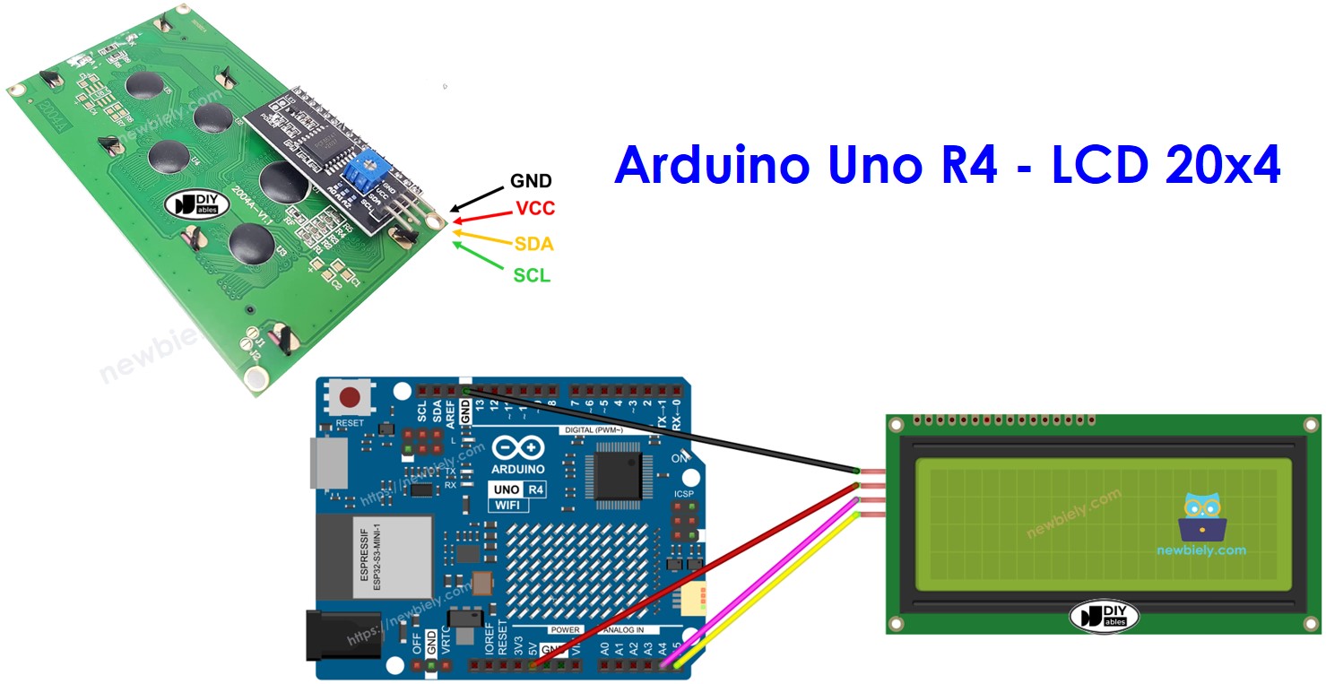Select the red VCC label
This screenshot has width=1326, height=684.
(x=535, y=209)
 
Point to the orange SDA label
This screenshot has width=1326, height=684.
(x=533, y=244)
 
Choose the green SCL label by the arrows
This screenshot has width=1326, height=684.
(x=532, y=275)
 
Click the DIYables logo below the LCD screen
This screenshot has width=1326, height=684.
(x=1104, y=616)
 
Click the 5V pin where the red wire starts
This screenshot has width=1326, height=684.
(x=533, y=666)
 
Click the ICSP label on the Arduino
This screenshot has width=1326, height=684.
(x=684, y=494)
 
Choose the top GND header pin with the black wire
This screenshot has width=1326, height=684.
(x=465, y=391)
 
